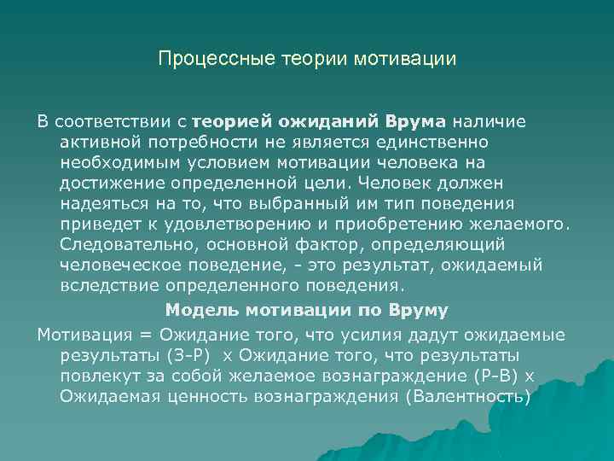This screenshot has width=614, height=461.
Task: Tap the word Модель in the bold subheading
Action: [198, 309]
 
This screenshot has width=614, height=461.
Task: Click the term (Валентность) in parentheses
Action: [467, 395]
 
